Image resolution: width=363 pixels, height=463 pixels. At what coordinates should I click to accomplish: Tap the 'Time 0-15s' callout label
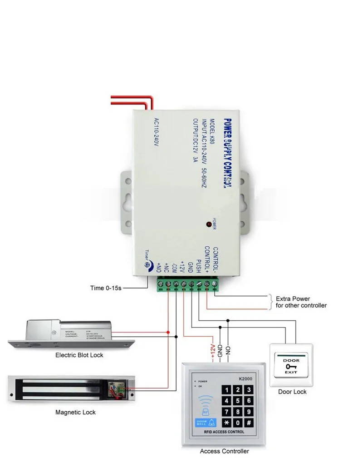pyautogui.click(x=106, y=288)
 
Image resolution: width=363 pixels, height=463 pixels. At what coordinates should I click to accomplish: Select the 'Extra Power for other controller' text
pyautogui.click(x=301, y=302)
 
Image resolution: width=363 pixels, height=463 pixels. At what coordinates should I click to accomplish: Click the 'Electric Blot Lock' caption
pyautogui.click(x=79, y=355)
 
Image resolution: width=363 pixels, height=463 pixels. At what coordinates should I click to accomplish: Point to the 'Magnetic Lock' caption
pyautogui.click(x=76, y=413)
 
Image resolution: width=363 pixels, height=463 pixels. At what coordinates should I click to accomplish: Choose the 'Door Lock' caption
pyautogui.click(x=292, y=392)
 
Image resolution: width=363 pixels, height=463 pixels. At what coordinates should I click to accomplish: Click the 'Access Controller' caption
pyautogui.click(x=225, y=451)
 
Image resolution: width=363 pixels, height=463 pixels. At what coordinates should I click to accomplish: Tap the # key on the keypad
pyautogui.click(x=249, y=423)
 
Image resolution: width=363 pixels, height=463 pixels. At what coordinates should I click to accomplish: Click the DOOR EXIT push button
pyautogui.click(x=291, y=366)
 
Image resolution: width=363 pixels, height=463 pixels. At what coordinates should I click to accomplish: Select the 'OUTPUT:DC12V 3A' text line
pyautogui.click(x=196, y=140)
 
